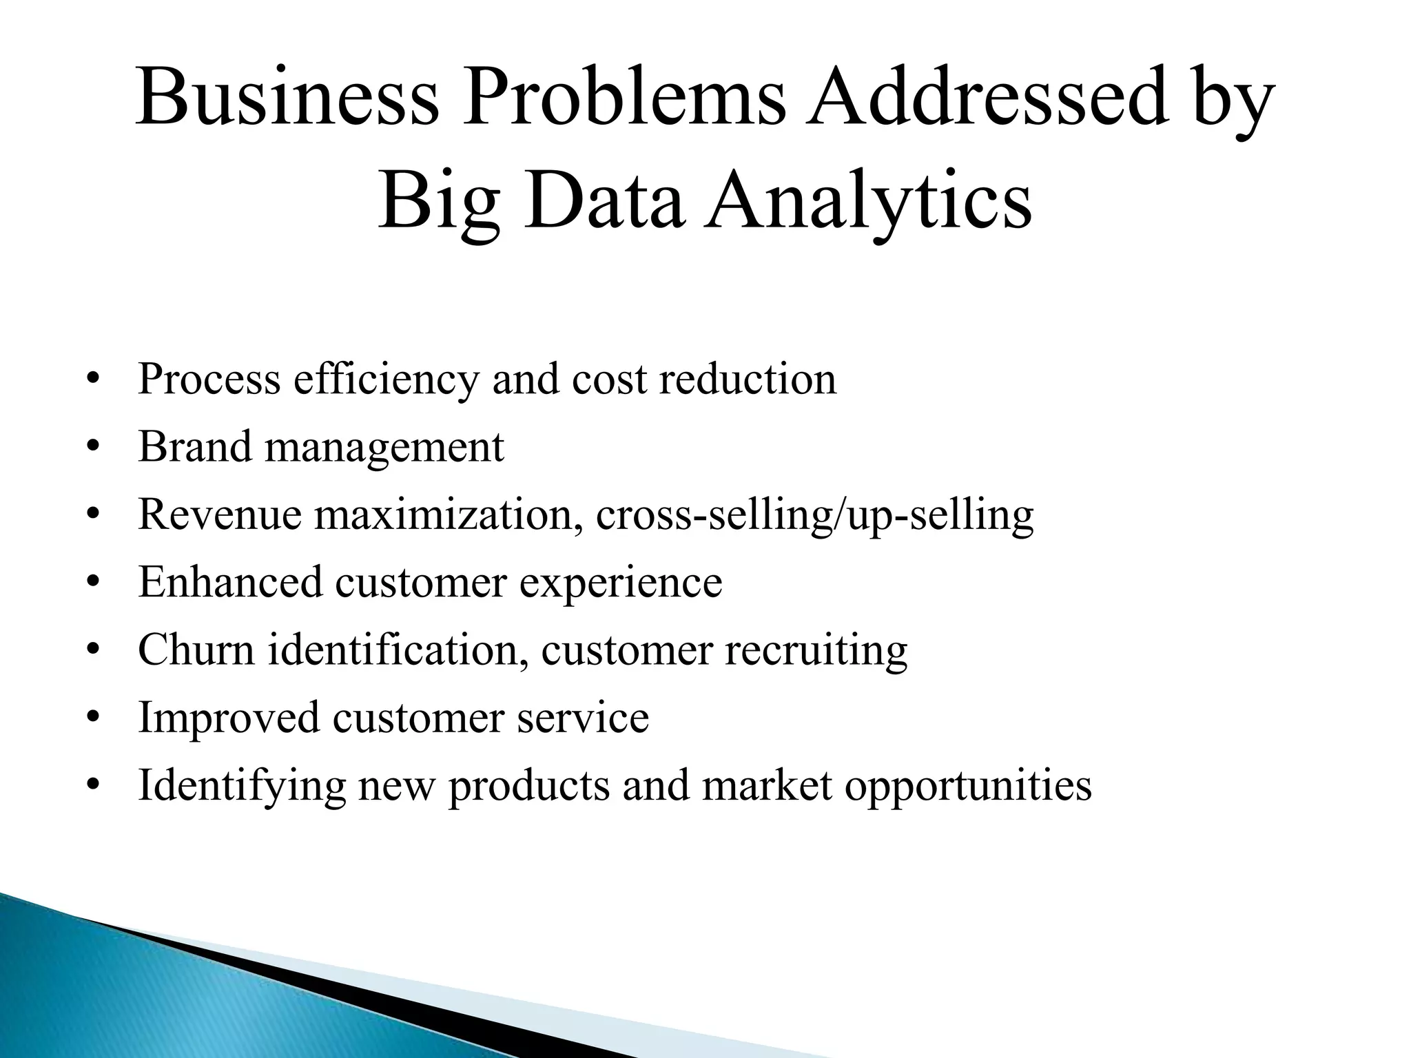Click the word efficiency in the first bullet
[385, 380]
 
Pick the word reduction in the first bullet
[748, 380]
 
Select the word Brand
[195, 446]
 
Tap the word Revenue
[220, 515]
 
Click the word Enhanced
[230, 582]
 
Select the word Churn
[196, 650]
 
